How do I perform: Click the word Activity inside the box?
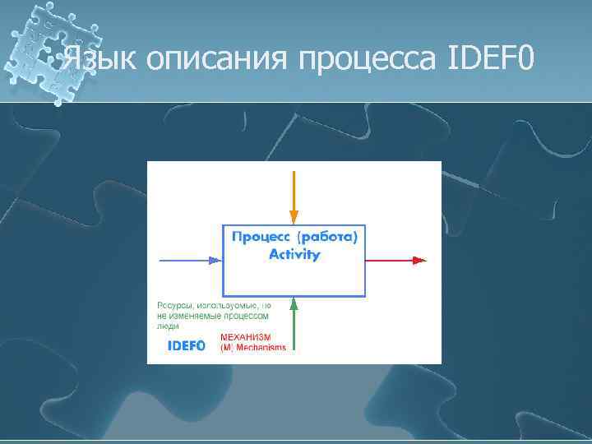[x=294, y=255]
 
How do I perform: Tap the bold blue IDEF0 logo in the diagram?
[x=186, y=345]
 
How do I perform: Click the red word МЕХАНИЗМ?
[x=246, y=337]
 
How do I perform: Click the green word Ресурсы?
[x=174, y=305]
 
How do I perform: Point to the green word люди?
[x=167, y=325]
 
